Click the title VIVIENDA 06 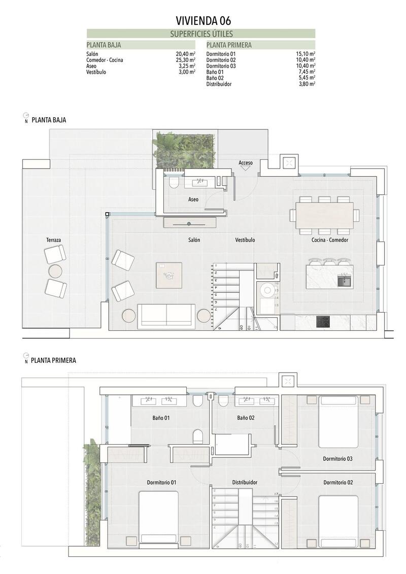pos(202,20)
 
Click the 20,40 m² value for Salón pos(185,54)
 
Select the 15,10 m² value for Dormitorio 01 pos(306,54)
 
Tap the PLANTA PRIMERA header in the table pos(229,45)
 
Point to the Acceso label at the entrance pos(246,163)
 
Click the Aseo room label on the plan pos(193,199)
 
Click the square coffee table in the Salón pos(169,275)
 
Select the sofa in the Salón pos(166,316)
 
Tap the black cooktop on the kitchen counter pos(323,322)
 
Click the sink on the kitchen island pos(345,279)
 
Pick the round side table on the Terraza pos(55,272)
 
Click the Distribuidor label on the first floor pos(245,482)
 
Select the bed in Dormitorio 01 pos(158,517)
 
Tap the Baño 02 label pos(245,418)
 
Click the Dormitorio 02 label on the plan pos(337,482)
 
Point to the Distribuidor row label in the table pos(219,84)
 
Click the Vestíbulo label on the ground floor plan pos(245,240)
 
